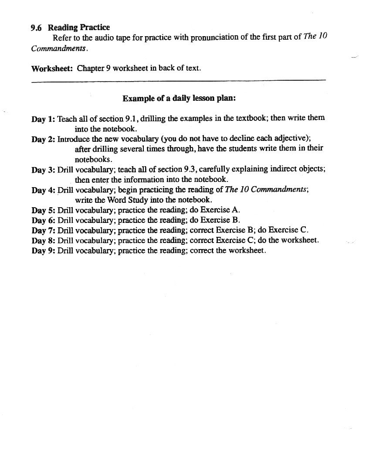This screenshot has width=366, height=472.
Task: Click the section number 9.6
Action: coord(36,28)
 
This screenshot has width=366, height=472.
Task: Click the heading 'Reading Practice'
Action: coord(79,28)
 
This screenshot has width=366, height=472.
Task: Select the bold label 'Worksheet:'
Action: coord(52,68)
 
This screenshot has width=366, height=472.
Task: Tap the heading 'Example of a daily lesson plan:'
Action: coord(179,98)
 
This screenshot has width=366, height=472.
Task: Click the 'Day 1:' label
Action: coord(43,119)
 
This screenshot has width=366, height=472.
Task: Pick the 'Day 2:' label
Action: coord(43,139)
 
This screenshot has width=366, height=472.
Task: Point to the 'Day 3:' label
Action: coord(43,170)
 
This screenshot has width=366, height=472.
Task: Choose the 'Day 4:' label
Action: coord(43,190)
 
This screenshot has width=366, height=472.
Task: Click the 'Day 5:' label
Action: coord(43,210)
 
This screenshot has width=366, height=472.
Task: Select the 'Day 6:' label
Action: coord(43,220)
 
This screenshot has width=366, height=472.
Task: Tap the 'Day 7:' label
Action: coord(43,230)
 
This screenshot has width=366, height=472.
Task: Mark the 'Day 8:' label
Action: coord(43,240)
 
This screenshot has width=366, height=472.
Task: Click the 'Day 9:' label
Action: coord(43,251)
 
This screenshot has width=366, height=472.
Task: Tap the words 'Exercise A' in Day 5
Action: coord(220,209)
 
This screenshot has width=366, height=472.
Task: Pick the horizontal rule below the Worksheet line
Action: coord(179,80)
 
